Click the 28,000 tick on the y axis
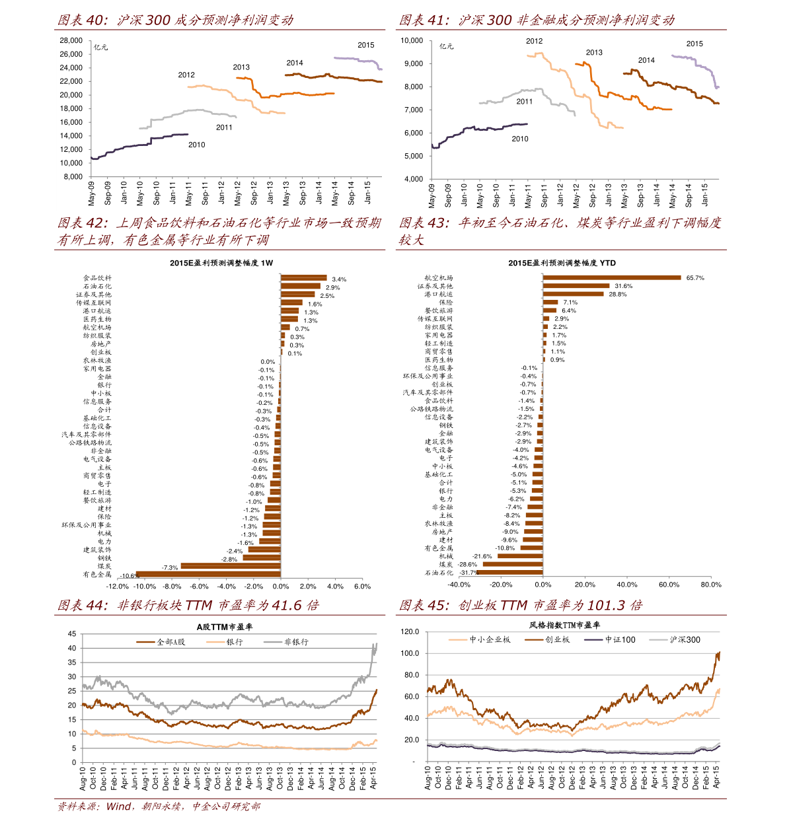coord(71,40)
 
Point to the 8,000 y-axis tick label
coord(73,177)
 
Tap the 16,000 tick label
coord(71,122)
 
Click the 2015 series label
coord(365,45)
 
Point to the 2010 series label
coord(196,145)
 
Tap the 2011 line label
coord(224,127)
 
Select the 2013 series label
coord(241,67)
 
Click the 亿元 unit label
coord(100,48)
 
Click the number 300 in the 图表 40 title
coord(159,20)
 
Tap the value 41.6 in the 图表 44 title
coord(286,605)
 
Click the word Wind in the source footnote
coord(119,807)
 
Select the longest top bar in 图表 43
coord(612,277)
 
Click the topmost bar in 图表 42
coord(304,277)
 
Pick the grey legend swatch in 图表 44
coord(273,641)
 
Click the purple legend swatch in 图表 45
coord(593,639)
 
